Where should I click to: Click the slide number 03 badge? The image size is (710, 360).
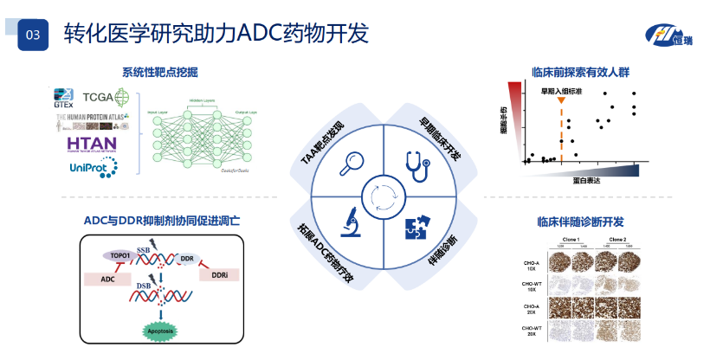33,35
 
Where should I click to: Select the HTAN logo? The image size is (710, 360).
92,144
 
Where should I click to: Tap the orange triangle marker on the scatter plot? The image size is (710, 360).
562,102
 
